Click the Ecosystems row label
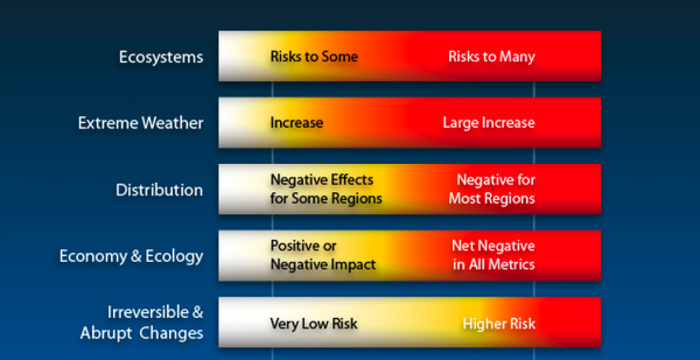pyautogui.click(x=161, y=57)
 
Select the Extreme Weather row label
pyautogui.click(x=141, y=123)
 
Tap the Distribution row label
pyautogui.click(x=159, y=190)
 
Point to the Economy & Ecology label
pyautogui.click(x=131, y=257)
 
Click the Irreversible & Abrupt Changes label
pyautogui.click(x=142, y=323)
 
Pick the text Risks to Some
pyautogui.click(x=314, y=57)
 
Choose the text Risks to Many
pyautogui.click(x=491, y=57)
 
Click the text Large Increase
pyautogui.click(x=489, y=123)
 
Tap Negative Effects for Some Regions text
pyautogui.click(x=326, y=189)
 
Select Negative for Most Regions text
pyautogui.click(x=492, y=189)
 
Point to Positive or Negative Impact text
pyautogui.click(x=323, y=255)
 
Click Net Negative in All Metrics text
pyautogui.click(x=493, y=255)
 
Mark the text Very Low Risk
pyautogui.click(x=314, y=323)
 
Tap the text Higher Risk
pyautogui.click(x=499, y=323)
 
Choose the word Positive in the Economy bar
pyautogui.click(x=298, y=246)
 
